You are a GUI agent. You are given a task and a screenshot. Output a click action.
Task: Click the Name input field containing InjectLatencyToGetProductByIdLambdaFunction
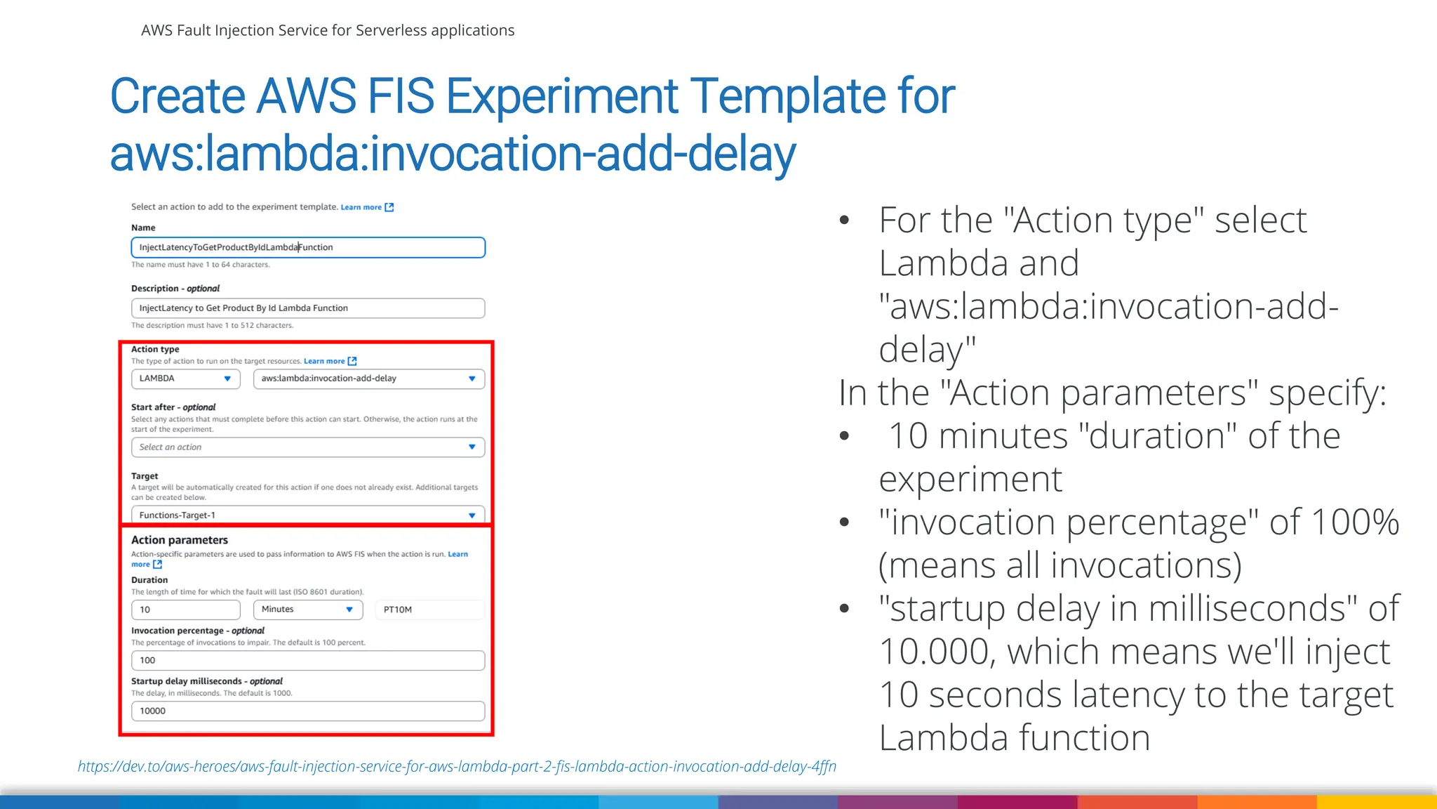(307, 247)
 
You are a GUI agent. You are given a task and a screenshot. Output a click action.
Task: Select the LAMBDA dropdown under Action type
(185, 379)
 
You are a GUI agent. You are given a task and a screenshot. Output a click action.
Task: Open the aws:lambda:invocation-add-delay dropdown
(368, 379)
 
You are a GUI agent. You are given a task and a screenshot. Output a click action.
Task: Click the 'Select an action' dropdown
(307, 447)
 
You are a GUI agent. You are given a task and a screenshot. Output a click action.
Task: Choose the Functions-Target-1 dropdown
(307, 515)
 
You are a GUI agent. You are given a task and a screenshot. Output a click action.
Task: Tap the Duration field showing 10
(185, 610)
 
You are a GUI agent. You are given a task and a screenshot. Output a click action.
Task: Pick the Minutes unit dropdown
(307, 610)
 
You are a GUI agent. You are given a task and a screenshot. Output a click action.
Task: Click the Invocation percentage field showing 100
(307, 660)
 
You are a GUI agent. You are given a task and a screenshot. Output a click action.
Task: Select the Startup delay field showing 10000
(307, 711)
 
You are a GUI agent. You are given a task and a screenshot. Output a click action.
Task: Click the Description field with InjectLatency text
(307, 308)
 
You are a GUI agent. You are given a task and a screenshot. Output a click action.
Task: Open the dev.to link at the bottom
(457, 766)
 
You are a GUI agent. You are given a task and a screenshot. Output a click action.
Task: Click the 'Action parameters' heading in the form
(180, 540)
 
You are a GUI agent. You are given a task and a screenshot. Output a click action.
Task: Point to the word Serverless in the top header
(391, 30)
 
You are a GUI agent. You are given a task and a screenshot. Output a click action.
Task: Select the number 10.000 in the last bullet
(936, 652)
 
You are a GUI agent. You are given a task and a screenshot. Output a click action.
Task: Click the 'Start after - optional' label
(173, 407)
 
